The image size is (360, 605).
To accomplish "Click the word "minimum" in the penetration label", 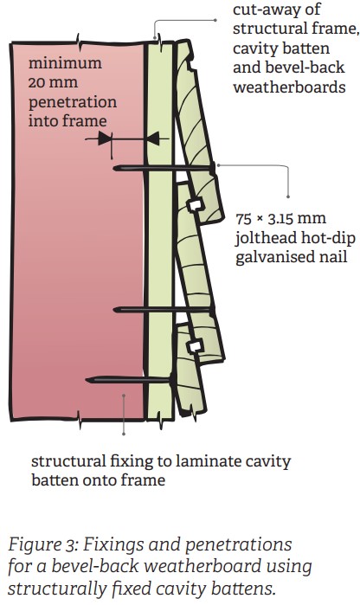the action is click(x=65, y=63).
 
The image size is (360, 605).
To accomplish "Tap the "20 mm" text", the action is click(x=53, y=82).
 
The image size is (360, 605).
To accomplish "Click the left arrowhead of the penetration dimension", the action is click(x=105, y=138).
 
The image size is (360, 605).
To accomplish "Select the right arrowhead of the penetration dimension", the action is click(x=152, y=138).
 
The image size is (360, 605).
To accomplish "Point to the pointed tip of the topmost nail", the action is click(x=115, y=168).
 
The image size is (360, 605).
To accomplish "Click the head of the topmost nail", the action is click(x=212, y=168).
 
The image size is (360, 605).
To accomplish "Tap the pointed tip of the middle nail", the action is click(x=115, y=310).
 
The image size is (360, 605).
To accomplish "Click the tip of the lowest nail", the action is click(x=87, y=380).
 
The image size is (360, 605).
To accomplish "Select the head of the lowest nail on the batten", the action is click(x=171, y=380).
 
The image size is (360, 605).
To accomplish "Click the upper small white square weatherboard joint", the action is click(x=196, y=204).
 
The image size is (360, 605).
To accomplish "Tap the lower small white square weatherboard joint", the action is click(x=196, y=346).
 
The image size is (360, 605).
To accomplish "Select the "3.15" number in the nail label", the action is click(x=281, y=219).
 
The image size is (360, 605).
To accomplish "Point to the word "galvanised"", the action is click(x=292, y=257).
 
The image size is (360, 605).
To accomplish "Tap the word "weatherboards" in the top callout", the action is click(x=289, y=87).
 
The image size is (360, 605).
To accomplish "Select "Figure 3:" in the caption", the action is click(x=43, y=544).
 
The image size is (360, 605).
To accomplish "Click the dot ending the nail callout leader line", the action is click(x=288, y=196).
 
